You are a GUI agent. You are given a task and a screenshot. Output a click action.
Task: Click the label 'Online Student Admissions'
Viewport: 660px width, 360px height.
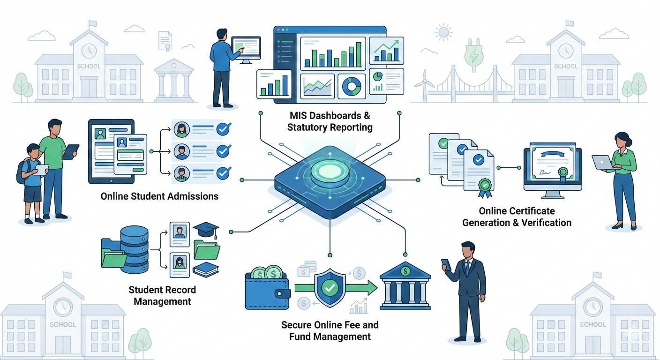159,196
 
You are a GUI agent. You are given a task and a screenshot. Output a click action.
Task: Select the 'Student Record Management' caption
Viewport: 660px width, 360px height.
162,295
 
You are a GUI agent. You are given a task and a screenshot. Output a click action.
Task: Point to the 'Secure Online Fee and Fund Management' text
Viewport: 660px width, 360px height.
330,330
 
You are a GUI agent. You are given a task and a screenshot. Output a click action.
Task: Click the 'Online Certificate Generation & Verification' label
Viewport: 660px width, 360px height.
517,217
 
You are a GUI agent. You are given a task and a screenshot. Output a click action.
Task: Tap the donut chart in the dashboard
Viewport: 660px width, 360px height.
352,86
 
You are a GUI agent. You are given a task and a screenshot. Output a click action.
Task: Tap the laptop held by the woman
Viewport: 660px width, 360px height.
602,162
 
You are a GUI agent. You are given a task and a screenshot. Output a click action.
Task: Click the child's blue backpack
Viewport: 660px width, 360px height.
22,171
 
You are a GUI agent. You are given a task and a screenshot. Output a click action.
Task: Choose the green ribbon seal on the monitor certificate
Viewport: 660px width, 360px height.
563,173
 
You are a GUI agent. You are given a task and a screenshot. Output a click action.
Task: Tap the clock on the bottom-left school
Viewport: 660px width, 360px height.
63,307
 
